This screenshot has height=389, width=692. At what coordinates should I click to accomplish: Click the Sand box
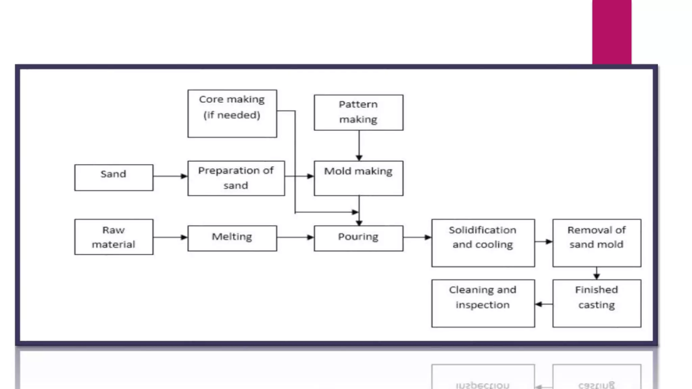coord(114,178)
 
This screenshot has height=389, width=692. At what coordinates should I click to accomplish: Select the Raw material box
coord(114,237)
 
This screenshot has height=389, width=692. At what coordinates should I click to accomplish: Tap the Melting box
coord(232,238)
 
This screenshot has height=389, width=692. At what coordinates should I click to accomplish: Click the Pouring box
coord(358,238)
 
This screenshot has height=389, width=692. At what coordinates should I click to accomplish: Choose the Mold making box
coord(358,178)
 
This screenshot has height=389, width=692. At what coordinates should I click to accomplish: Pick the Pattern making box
coord(358,112)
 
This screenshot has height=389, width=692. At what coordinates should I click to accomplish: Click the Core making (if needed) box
coord(232,113)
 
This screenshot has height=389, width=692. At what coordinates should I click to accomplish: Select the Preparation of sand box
coord(236,178)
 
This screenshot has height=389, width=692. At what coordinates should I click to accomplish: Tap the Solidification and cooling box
coord(483,243)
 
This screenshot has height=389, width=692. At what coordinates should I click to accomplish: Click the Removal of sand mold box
coord(596,243)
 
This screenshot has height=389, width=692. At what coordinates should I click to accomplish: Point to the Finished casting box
coord(596,303)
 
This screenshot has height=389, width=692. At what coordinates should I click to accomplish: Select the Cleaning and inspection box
coord(483,303)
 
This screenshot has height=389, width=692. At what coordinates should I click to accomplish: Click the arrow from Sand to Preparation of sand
coord(170,176)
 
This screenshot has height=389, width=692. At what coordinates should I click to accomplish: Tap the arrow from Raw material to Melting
coord(170,237)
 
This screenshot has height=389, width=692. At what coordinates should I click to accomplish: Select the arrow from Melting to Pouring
coord(295,237)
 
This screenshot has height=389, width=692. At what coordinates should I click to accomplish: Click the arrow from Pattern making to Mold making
coord(359,145)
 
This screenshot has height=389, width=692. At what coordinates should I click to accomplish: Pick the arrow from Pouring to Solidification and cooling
coord(417,237)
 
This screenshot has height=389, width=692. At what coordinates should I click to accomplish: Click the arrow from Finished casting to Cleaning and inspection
coord(544,304)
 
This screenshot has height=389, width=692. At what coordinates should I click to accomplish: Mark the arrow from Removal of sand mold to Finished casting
coord(596,273)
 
